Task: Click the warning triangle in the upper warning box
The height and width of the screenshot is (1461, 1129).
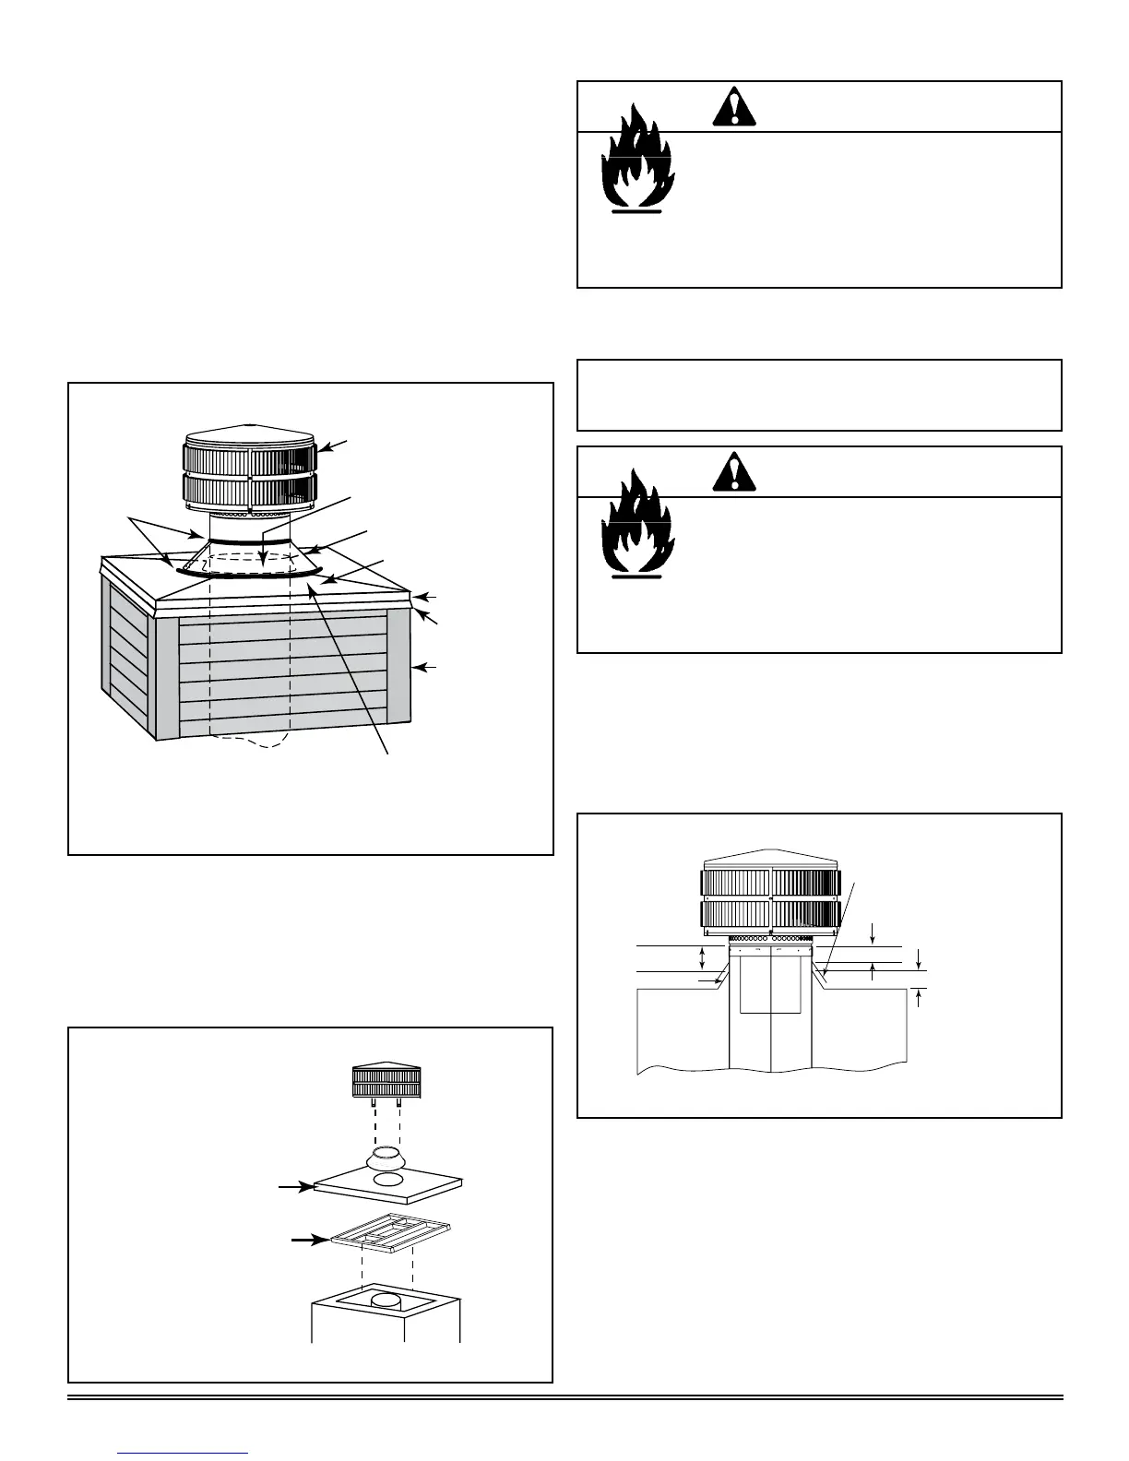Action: tap(734, 109)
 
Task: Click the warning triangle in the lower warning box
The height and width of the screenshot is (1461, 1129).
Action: tap(734, 474)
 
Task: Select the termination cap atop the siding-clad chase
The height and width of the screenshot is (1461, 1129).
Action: tap(250, 470)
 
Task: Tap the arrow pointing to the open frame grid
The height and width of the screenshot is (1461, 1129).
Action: tap(308, 1241)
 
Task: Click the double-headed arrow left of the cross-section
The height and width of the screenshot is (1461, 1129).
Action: tap(703, 958)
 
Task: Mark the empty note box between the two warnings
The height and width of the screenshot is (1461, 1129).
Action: tap(819, 395)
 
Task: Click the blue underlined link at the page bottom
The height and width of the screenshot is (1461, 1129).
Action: tap(184, 1454)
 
